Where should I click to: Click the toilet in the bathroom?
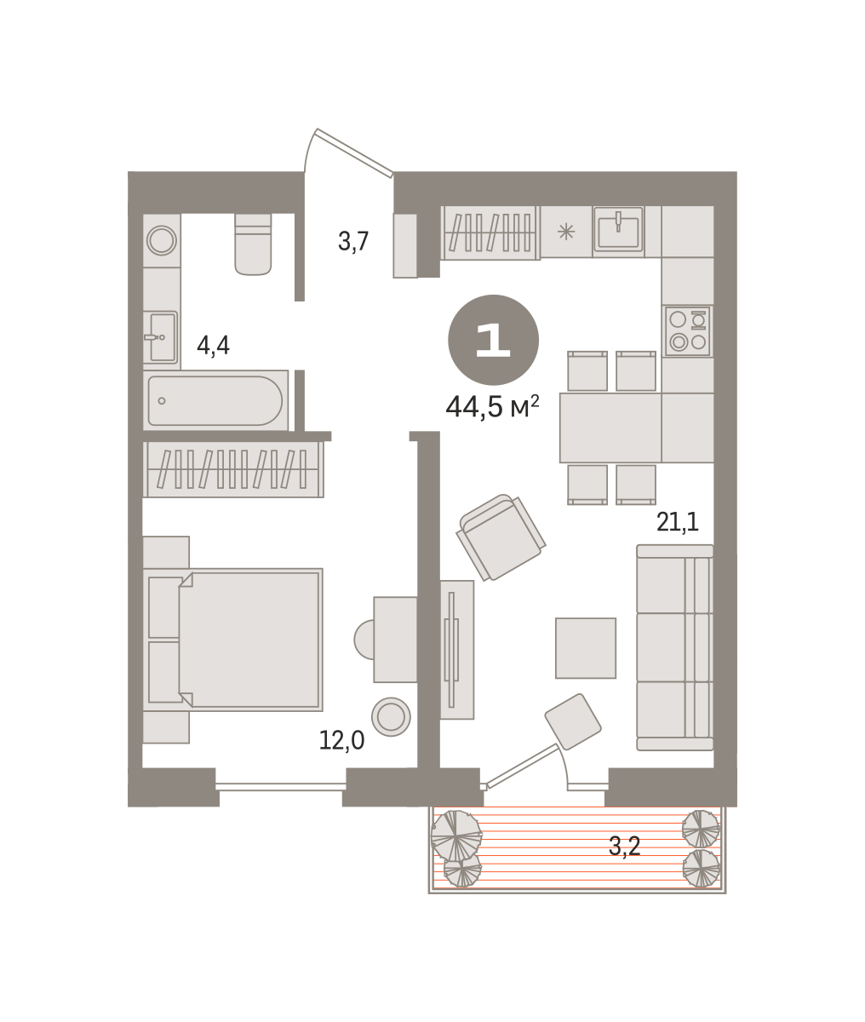[x=253, y=244]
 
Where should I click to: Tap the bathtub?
[x=215, y=400]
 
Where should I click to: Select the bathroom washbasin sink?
[x=161, y=337]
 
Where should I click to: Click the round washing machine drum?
[x=162, y=241]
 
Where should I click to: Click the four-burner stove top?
[x=688, y=330]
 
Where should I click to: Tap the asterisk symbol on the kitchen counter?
[x=566, y=232]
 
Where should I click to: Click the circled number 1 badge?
[x=493, y=340]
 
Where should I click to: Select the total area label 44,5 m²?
[x=492, y=407]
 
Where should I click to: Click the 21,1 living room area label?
[x=678, y=521]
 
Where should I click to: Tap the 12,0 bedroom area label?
[x=341, y=741]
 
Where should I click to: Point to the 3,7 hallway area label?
[x=353, y=241]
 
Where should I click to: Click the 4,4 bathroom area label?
[x=213, y=345]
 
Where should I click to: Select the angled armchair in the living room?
[x=501, y=537]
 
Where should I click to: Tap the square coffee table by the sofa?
[x=586, y=648]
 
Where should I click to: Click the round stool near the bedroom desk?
[x=391, y=716]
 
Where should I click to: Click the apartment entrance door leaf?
[x=354, y=152]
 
